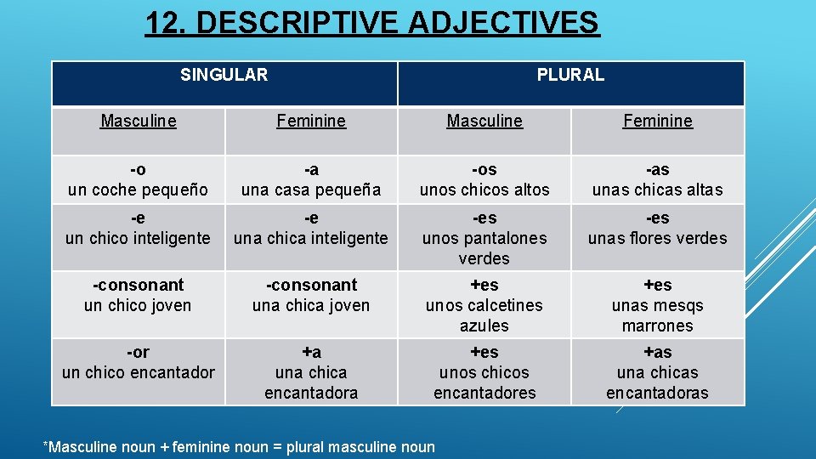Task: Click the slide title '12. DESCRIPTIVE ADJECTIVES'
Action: [372, 23]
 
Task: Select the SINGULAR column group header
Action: [224, 75]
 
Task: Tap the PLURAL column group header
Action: [570, 75]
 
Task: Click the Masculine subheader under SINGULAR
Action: [139, 121]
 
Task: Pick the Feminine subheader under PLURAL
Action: [658, 121]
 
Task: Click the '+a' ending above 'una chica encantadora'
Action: [311, 352]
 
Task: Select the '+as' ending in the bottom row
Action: [658, 352]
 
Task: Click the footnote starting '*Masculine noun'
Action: [239, 446]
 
